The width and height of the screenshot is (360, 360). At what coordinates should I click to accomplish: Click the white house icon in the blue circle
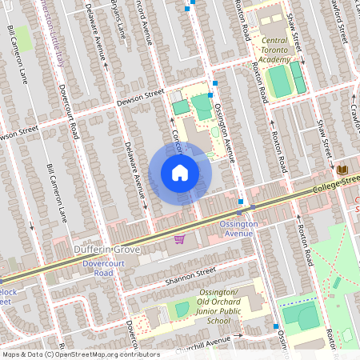pos(180,173)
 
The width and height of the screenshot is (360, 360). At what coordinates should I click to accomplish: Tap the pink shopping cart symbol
pos(179,238)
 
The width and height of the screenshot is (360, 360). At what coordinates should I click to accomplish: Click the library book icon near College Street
pos(342,170)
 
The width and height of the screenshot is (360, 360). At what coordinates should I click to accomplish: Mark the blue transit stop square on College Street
pos(241,202)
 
